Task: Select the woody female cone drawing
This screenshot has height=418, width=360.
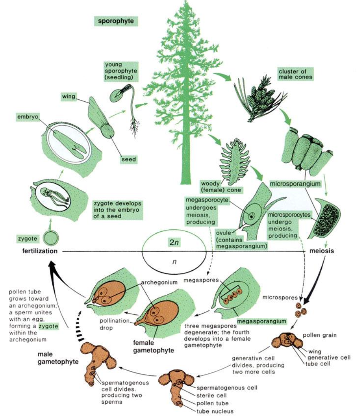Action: point(233,159)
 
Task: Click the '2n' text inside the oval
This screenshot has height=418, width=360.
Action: point(174,243)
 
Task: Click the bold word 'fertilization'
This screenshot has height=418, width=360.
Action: point(30,252)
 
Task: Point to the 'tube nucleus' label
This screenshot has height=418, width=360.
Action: point(214,411)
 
